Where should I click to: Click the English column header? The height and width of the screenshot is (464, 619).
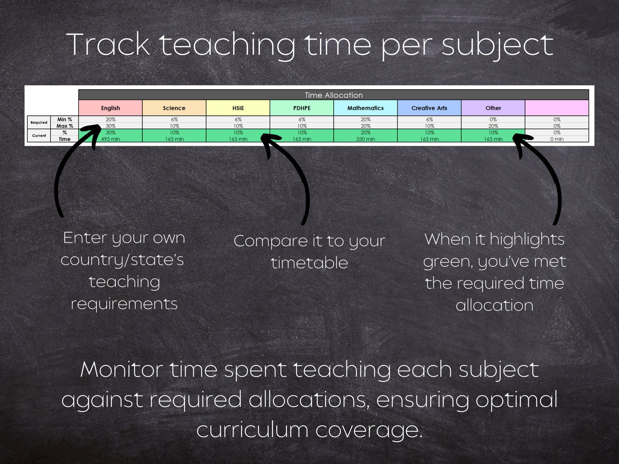(110, 108)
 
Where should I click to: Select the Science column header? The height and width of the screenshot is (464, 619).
(174, 108)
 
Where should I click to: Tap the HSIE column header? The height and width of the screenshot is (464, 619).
(238, 108)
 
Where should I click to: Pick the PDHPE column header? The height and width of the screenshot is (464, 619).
(302, 108)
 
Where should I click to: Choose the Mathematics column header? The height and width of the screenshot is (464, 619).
(365, 108)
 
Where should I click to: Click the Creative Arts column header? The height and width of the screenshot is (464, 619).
(429, 108)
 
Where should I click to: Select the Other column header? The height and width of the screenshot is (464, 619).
(493, 108)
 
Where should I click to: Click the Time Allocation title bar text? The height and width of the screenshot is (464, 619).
(334, 95)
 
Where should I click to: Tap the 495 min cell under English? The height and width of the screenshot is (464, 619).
(110, 139)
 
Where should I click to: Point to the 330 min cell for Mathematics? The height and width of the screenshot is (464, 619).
(365, 139)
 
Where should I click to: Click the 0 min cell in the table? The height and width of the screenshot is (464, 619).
(557, 139)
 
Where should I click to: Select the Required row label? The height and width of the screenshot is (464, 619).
(39, 122)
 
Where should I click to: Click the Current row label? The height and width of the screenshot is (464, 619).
(39, 136)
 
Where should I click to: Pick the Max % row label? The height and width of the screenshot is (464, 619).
(65, 126)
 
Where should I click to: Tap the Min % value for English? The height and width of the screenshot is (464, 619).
(110, 119)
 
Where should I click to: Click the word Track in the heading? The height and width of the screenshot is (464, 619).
(108, 45)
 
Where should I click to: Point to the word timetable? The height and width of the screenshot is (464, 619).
(309, 263)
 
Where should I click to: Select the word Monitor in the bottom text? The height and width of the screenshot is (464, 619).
(121, 369)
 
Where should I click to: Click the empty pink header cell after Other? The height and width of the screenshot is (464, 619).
(557, 108)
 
